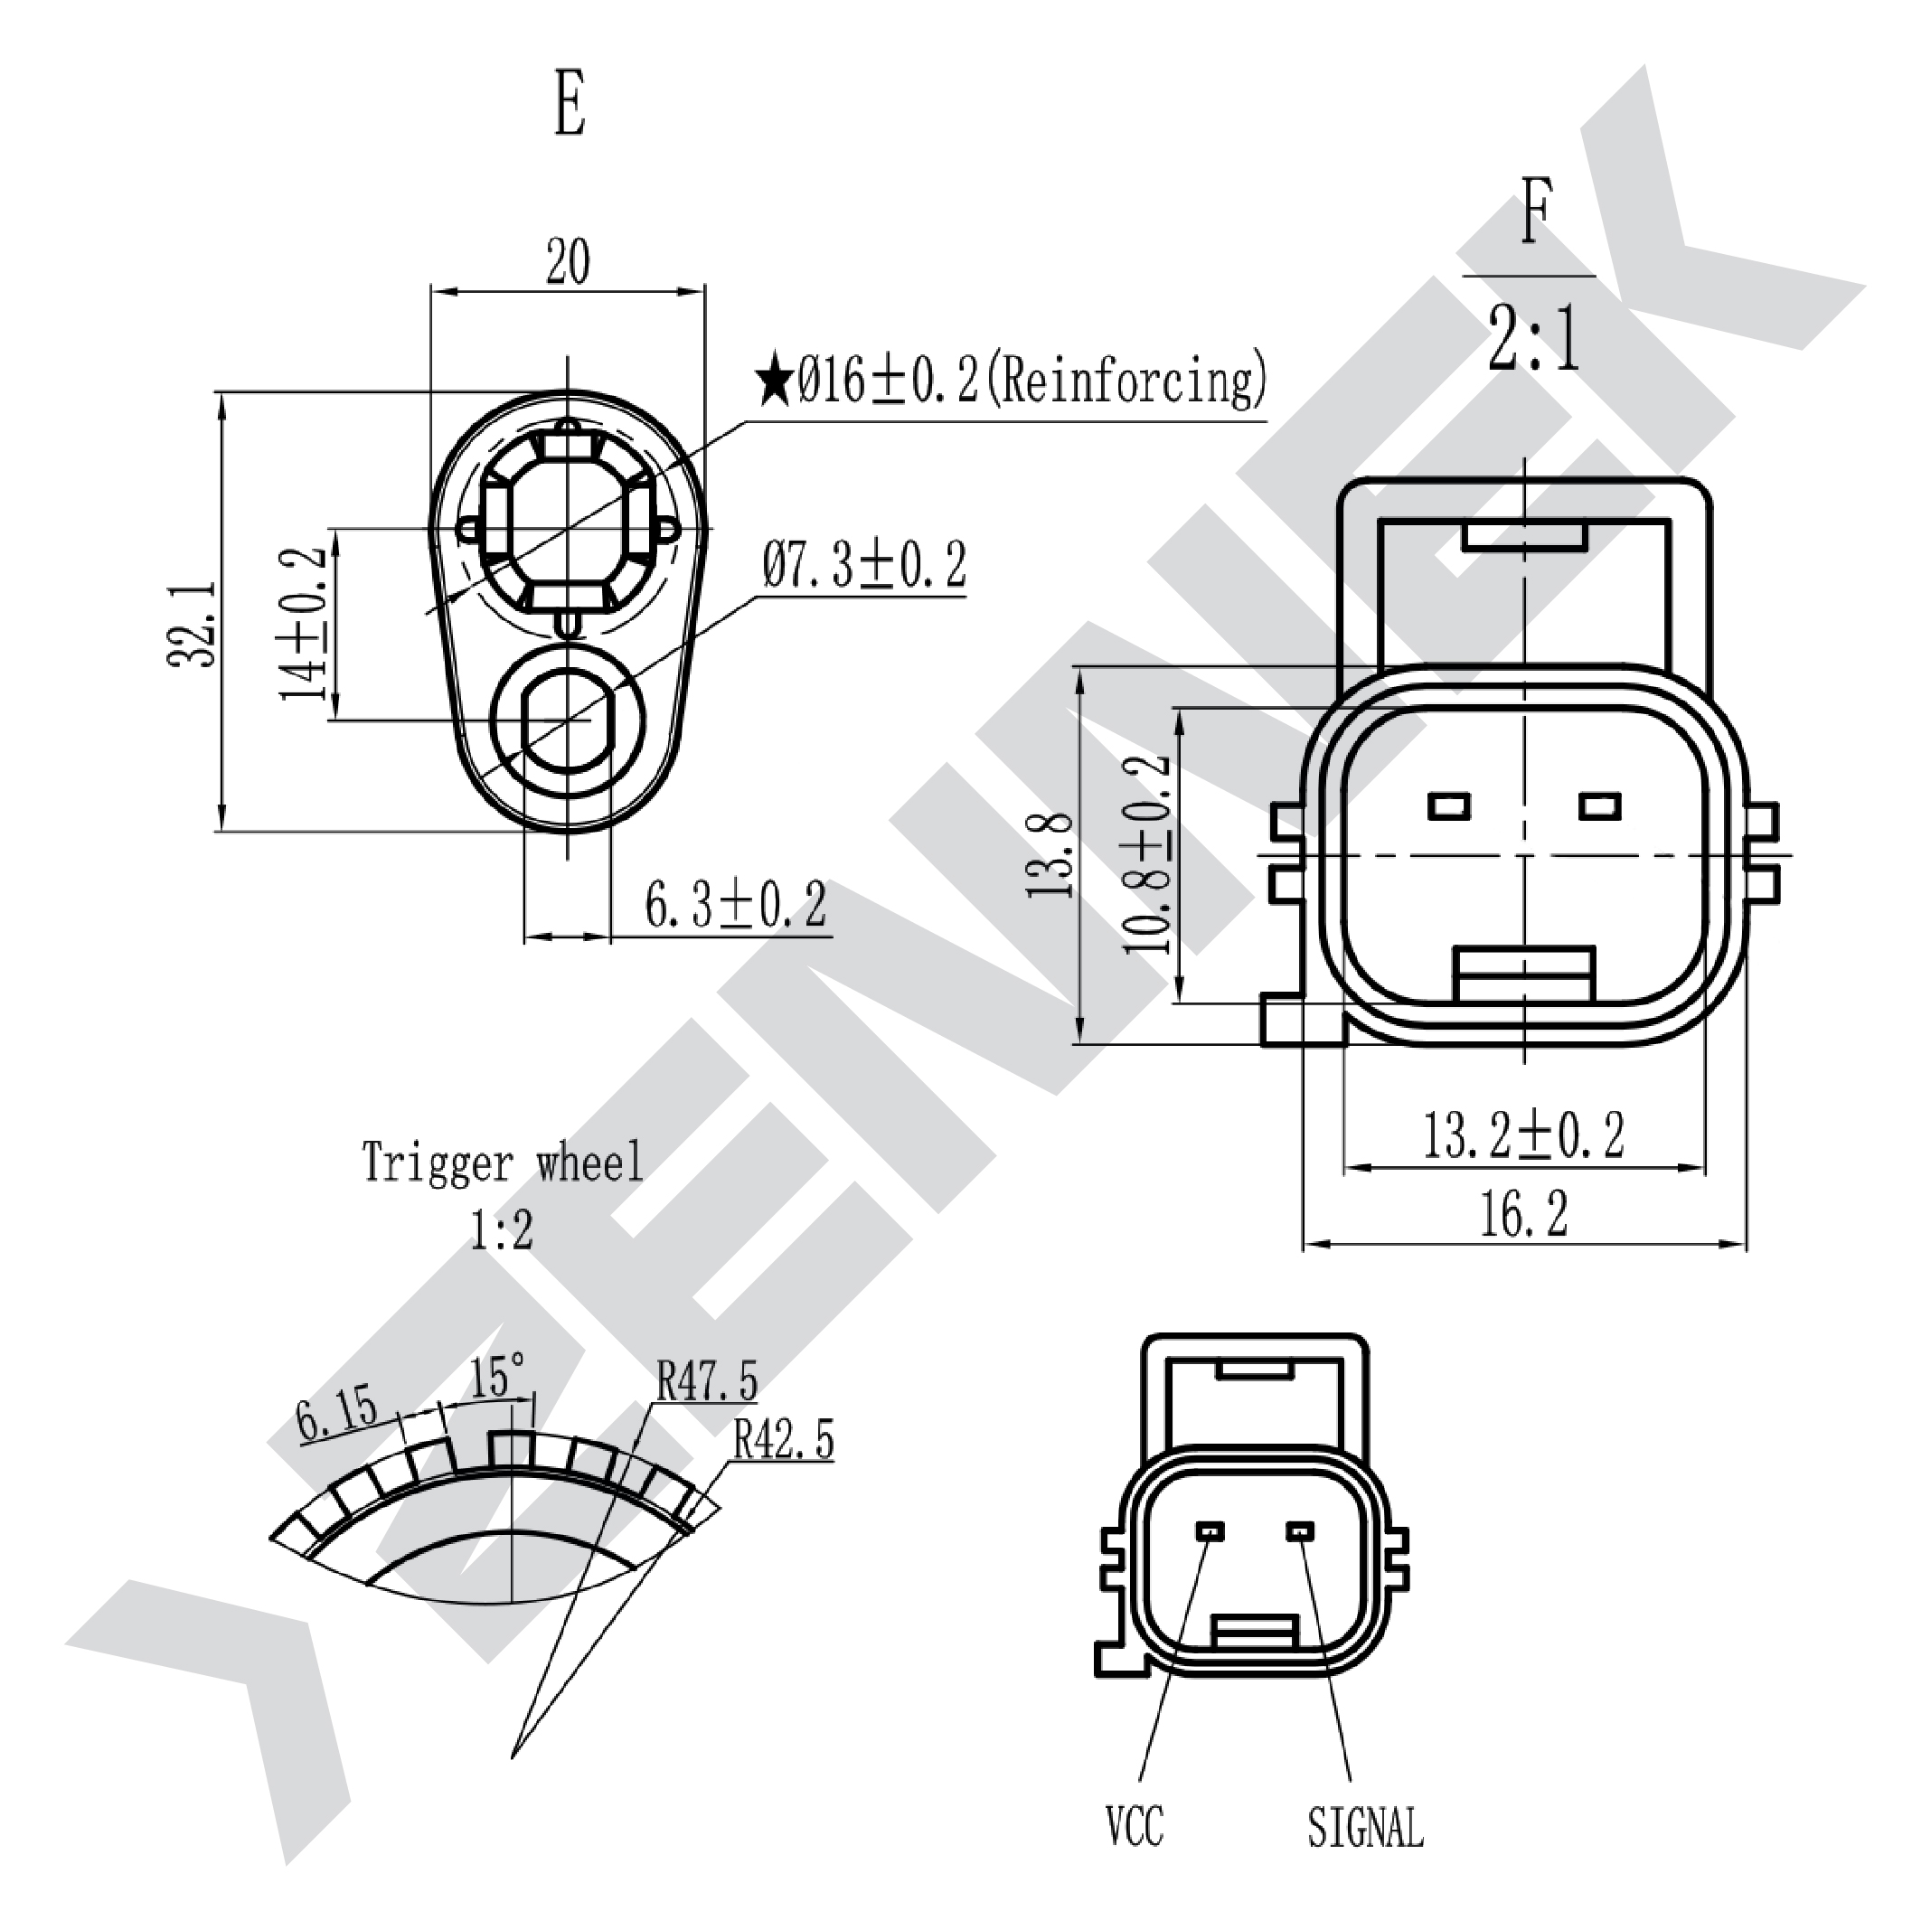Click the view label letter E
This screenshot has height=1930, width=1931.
(x=570, y=103)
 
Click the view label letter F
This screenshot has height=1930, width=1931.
(x=1536, y=211)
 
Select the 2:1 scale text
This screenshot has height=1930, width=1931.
(x=1534, y=339)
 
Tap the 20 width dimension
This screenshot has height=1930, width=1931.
(x=568, y=262)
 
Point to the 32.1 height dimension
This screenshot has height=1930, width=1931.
(x=192, y=623)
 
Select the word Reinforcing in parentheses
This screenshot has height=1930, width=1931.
(x=1127, y=381)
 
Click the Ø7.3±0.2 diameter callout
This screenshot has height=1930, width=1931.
(x=864, y=566)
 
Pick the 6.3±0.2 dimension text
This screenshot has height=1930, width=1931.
(x=736, y=906)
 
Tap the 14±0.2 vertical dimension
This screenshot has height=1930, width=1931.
(x=304, y=624)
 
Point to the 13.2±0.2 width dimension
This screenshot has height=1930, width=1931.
(x=1523, y=1135)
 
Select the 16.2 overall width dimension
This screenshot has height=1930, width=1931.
(x=1523, y=1214)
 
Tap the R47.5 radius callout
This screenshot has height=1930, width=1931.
(x=708, y=1381)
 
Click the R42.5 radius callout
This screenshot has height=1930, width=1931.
(x=784, y=1440)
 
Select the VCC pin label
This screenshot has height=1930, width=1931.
(x=1135, y=1825)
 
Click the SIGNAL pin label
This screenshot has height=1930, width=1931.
(x=1365, y=1828)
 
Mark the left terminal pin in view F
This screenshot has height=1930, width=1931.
(x=1449, y=805)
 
